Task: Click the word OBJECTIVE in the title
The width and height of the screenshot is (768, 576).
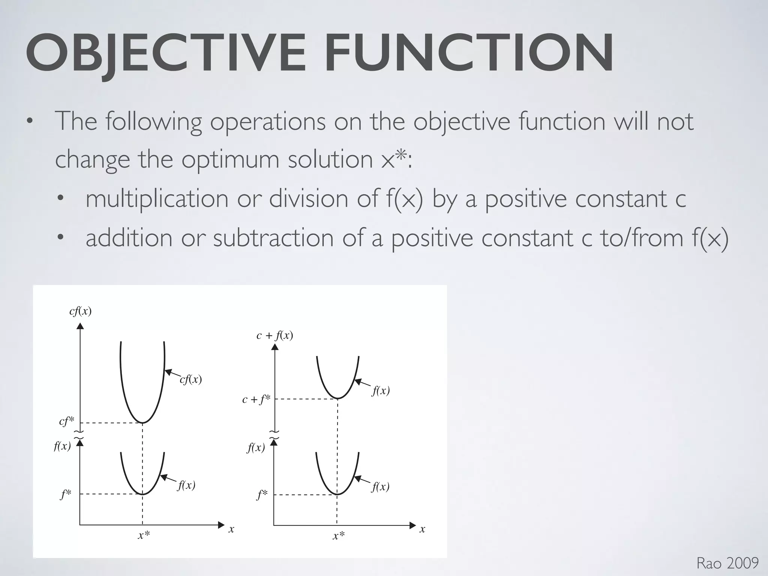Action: pyautogui.click(x=165, y=53)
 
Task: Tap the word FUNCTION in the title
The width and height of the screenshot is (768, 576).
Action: pyautogui.click(x=469, y=53)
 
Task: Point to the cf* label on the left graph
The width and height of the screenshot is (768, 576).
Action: pyautogui.click(x=67, y=421)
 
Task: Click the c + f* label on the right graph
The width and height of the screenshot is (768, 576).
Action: pyautogui.click(x=256, y=400)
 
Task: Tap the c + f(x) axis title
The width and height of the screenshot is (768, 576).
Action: pyautogui.click(x=274, y=335)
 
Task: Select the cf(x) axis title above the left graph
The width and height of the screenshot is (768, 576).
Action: pyautogui.click(x=80, y=311)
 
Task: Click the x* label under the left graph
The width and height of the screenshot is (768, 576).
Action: pyautogui.click(x=144, y=535)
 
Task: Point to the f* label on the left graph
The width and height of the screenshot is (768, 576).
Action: pyautogui.click(x=66, y=495)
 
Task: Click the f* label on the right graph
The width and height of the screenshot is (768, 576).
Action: pyautogui.click(x=262, y=495)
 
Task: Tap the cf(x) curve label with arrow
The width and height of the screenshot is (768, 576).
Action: pyautogui.click(x=190, y=379)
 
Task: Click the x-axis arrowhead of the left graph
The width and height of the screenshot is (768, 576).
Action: pyautogui.click(x=221, y=525)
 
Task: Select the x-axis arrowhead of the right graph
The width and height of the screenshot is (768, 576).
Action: pyautogui.click(x=413, y=525)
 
